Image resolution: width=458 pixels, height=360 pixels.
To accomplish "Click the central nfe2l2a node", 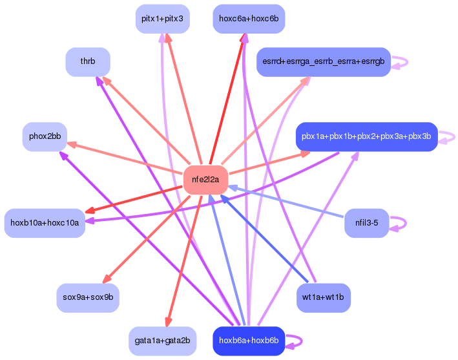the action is tap(205, 180).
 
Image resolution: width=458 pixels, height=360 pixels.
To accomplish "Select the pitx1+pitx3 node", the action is tap(162, 19).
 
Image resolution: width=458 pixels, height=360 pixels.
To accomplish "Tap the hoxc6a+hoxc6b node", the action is tap(249, 19).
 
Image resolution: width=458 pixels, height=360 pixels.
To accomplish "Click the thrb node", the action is tap(88, 62).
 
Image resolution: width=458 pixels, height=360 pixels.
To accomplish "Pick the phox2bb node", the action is tap(45, 137).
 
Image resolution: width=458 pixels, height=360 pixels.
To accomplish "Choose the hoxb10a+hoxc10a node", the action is tap(45, 223).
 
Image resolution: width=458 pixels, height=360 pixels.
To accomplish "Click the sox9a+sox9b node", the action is tap(88, 298).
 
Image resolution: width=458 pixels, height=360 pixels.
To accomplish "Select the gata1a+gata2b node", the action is tap(162, 341).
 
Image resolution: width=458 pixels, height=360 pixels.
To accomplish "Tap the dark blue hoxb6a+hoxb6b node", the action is tap(249, 341).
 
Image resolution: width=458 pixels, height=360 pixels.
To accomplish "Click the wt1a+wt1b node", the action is tap(324, 298).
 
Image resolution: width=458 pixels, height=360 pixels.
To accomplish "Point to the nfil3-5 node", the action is tap(366, 223).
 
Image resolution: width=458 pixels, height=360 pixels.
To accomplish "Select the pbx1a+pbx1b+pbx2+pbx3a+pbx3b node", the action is tap(366, 137).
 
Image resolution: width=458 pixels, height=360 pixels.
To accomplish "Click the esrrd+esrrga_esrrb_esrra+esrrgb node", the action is tap(324, 62).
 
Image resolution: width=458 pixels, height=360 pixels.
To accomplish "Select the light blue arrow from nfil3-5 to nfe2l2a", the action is tap(286, 202).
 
